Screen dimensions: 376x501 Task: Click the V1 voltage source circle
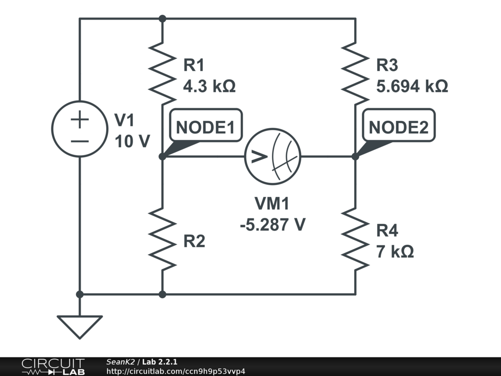pyautogui.click(x=80, y=129)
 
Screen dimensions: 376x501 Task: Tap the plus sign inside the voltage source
pyautogui.click(x=80, y=119)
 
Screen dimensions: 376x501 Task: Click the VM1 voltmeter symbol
pyautogui.click(x=273, y=157)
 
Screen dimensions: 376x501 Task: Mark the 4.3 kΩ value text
pyautogui.click(x=209, y=87)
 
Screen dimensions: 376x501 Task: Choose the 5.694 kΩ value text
pyautogui.click(x=412, y=87)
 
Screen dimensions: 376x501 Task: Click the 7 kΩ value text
pyautogui.click(x=395, y=252)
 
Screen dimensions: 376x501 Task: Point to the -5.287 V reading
pyautogui.click(x=273, y=225)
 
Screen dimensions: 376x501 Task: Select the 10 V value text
pyautogui.click(x=132, y=141)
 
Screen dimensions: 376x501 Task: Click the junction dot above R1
pyautogui.click(x=162, y=19)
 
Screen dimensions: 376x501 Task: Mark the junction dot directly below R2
pyautogui.click(x=162, y=294)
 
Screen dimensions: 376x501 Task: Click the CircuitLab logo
pyautogui.click(x=53, y=366)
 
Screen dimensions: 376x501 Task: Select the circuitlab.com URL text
pyautogui.click(x=176, y=371)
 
